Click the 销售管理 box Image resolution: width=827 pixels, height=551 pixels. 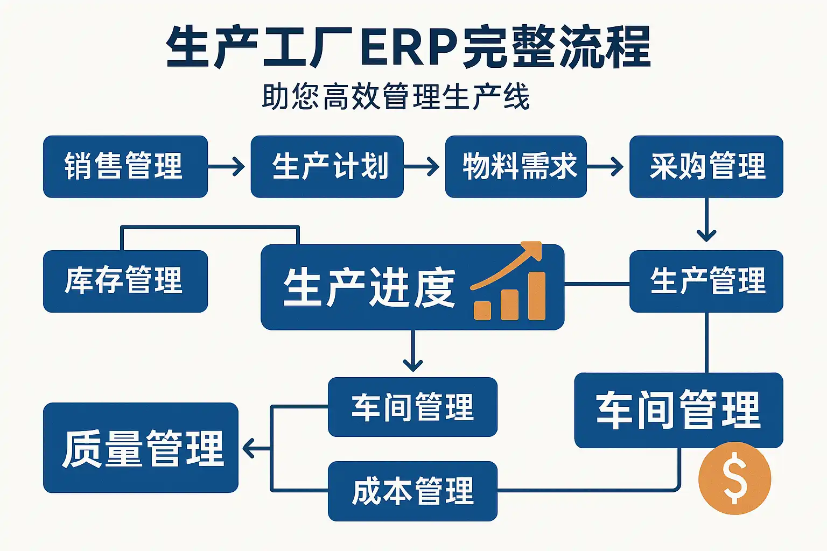point(125,166)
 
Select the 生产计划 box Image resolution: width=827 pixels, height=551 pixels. point(327,166)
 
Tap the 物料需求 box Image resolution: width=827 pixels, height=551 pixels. point(515,166)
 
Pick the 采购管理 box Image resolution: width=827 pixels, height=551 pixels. point(706,166)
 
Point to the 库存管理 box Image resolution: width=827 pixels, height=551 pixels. point(125,281)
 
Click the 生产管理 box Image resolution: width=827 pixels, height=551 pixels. point(706,281)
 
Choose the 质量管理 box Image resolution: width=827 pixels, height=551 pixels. point(141,448)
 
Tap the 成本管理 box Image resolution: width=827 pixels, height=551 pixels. point(412,491)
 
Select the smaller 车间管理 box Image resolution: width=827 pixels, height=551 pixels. point(412,407)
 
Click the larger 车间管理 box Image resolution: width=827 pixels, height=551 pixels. point(678,410)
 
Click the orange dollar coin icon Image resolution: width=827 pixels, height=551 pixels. point(734,478)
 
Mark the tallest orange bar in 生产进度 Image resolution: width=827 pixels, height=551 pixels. point(537,296)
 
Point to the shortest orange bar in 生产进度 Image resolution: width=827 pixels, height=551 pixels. point(482,310)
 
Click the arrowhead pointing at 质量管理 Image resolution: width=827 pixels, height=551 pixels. point(249,448)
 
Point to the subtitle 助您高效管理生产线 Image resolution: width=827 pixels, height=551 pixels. point(396,97)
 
